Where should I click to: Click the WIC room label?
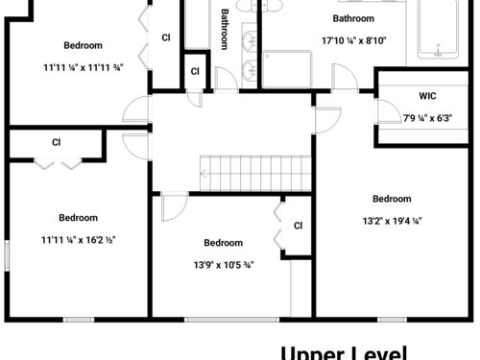[x=427, y=96]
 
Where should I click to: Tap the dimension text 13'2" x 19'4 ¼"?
[x=392, y=221]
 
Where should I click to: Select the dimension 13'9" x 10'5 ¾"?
[x=224, y=265]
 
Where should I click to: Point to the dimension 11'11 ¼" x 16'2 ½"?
[x=79, y=240]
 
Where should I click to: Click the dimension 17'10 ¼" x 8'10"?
[x=353, y=41]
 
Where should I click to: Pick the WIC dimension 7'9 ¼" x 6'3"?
[x=427, y=118]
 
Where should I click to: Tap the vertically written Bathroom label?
[x=225, y=29]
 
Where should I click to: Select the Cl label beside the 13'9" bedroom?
[x=298, y=226]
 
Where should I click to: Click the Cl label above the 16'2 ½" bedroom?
[x=57, y=142]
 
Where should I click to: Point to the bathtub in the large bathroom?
[x=438, y=30]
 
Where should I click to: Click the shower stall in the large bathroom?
[x=287, y=69]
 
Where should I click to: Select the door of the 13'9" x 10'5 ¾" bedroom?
[x=175, y=207]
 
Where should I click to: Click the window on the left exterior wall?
[x=7, y=255]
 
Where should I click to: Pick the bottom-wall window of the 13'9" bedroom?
[x=231, y=320]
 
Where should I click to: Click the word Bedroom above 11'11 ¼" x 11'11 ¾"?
[x=84, y=45]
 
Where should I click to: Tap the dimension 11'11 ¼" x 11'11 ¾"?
[x=84, y=68]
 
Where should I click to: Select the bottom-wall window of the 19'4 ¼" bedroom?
[x=392, y=320]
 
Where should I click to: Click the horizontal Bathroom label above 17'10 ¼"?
[x=353, y=18]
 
